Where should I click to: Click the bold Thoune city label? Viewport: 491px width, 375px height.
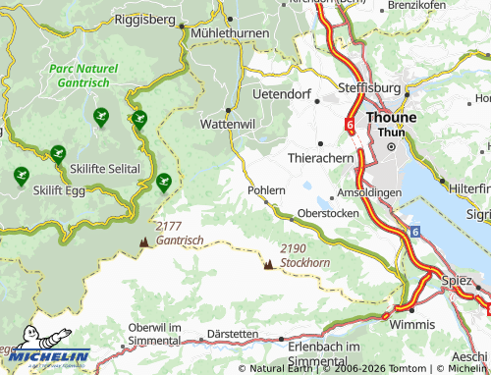391,117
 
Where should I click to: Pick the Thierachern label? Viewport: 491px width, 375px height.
320,157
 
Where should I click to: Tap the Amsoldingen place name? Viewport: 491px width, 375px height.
368,192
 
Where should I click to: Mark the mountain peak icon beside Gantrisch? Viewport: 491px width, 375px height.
145,241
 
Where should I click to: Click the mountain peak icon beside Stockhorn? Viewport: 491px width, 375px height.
268,262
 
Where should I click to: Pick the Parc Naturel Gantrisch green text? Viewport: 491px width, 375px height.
83,76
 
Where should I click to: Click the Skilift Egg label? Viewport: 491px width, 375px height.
61,189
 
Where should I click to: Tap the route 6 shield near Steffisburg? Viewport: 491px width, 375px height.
349,125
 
